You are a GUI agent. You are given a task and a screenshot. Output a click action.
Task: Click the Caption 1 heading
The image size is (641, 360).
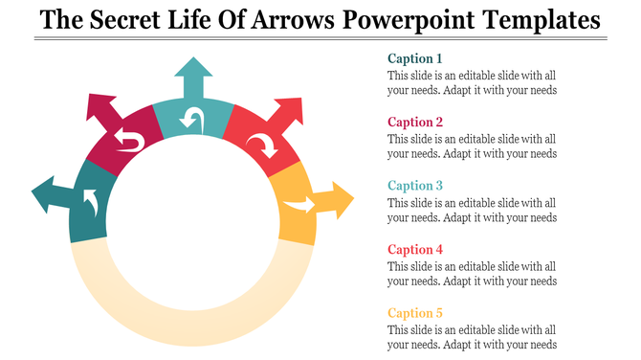click(415, 58)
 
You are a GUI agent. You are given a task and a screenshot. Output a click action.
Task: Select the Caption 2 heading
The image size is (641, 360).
click(415, 122)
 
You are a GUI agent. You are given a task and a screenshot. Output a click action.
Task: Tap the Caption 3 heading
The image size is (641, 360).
click(415, 186)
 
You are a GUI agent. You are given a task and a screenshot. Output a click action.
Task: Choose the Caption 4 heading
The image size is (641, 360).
click(415, 249)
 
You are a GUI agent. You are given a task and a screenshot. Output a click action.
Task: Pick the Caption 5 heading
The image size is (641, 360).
click(415, 313)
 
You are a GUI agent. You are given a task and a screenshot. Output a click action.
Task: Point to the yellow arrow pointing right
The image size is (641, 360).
click(334, 201)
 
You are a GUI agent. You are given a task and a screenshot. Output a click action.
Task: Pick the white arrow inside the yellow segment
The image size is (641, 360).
click(298, 205)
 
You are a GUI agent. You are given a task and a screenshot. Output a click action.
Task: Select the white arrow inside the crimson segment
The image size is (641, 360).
click(129, 143)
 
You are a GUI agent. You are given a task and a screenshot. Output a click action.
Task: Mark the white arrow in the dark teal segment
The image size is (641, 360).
click(91, 202)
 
